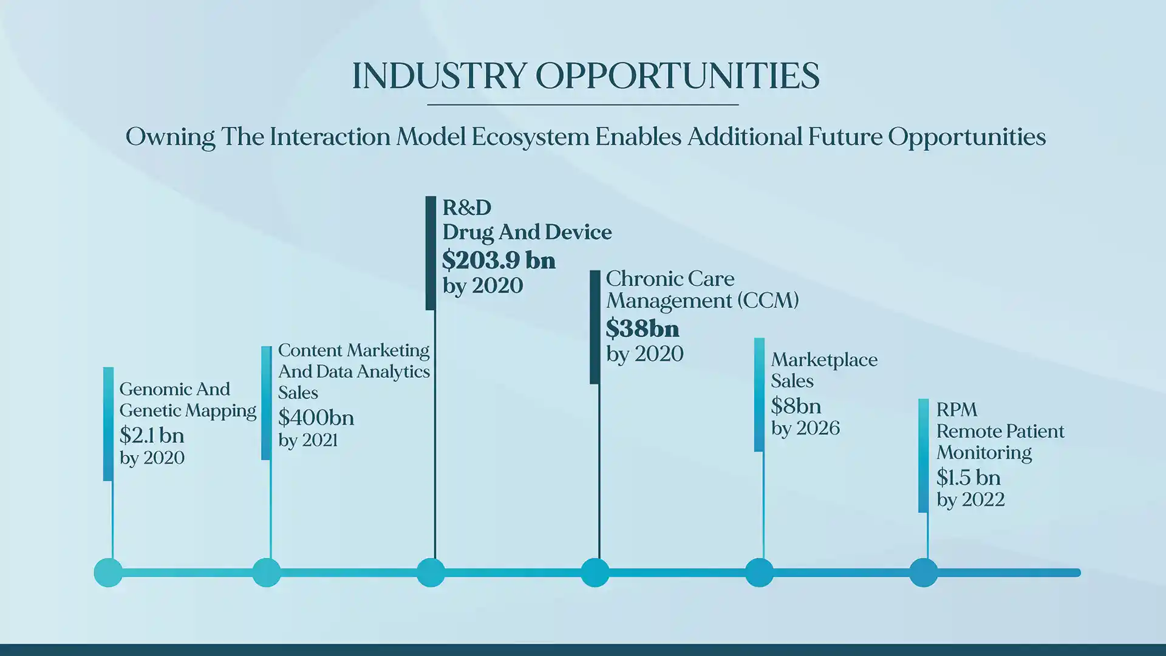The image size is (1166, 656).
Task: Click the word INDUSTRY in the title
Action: [439, 76]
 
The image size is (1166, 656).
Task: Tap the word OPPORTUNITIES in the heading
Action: [677, 76]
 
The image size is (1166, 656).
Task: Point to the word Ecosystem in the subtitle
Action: [530, 137]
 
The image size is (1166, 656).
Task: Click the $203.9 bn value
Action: [499, 260]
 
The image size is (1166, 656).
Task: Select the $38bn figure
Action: [643, 329]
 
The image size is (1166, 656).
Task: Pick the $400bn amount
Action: [316, 418]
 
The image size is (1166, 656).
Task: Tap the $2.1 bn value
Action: [152, 436]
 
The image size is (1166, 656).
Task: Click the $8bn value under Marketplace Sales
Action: [796, 406]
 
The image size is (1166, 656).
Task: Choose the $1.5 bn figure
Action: [968, 477]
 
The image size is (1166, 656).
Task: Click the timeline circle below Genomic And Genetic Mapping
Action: [108, 572]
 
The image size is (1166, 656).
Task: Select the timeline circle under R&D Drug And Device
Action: [431, 572]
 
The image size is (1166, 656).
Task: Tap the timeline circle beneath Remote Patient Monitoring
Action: [924, 572]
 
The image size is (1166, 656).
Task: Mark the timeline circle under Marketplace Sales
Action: [759, 572]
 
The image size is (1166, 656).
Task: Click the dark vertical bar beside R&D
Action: [431, 253]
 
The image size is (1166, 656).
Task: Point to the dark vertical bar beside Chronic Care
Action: [595, 327]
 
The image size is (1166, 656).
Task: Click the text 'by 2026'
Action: [805, 429]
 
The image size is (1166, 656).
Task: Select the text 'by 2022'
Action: [970, 500]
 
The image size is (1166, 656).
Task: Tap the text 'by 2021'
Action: [308, 440]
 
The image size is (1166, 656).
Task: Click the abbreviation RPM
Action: [956, 410]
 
